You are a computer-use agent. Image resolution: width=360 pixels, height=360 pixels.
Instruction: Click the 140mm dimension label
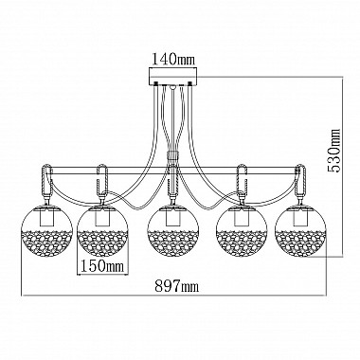tap(173, 59)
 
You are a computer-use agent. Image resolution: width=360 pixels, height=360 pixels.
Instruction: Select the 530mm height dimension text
tap(333, 150)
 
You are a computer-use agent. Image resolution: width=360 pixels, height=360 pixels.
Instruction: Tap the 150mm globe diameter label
tap(102, 267)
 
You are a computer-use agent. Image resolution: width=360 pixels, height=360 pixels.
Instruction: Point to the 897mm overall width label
tap(177, 286)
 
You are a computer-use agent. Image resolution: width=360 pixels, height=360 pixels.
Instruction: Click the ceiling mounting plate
tap(173, 76)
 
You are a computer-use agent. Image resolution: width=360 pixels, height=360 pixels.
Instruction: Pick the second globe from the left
tap(103, 230)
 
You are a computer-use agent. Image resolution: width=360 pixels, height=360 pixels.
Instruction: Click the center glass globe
tap(173, 230)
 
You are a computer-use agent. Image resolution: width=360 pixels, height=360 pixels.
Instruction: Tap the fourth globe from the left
tap(242, 230)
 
